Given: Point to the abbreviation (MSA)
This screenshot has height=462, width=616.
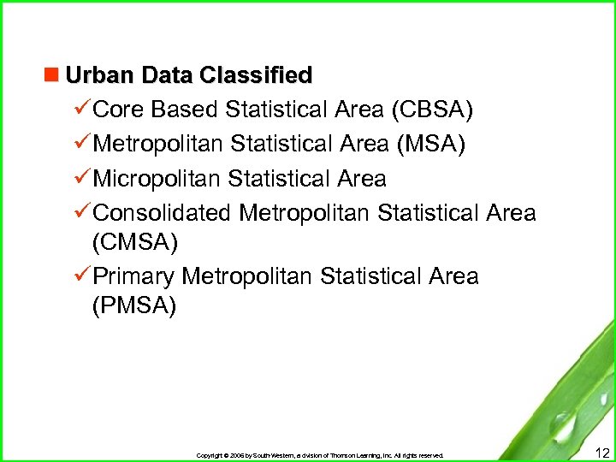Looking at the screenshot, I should [x=431, y=145].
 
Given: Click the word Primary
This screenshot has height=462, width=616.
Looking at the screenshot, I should [x=133, y=276].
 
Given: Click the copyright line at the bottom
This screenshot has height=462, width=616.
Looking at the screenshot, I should [x=320, y=455].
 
